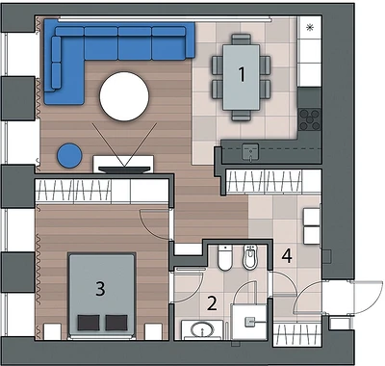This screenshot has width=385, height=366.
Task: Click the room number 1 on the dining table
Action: pyautogui.click(x=242, y=73)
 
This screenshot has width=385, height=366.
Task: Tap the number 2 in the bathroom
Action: pyautogui.click(x=212, y=303)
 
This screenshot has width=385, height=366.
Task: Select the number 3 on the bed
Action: pyautogui.click(x=100, y=288)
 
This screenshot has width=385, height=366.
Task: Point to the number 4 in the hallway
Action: pyautogui.click(x=287, y=256)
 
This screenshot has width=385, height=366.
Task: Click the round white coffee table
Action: pyautogui.click(x=124, y=96)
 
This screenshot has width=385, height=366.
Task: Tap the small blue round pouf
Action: pyautogui.click(x=69, y=155)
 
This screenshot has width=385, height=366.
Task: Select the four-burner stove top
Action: pyautogui.click(x=309, y=119)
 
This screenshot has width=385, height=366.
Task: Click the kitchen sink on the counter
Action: pyautogui.click(x=250, y=151)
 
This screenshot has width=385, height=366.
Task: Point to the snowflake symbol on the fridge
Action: pyautogui.click(x=310, y=28)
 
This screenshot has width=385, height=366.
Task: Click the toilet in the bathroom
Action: pyautogui.click(x=225, y=257)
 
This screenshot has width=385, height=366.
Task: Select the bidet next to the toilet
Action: pyautogui.click(x=250, y=257)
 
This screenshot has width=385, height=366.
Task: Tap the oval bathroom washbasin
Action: pyautogui.click(x=202, y=329)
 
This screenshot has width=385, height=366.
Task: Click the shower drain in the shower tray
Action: pyautogui.click(x=249, y=322)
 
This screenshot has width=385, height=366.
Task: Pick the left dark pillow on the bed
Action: pyautogui.click(x=89, y=323)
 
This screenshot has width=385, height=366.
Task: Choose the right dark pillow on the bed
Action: pyautogui.click(x=116, y=323)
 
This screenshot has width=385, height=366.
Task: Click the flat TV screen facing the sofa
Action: pyautogui.click(x=124, y=170)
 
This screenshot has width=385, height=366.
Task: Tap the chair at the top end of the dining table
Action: pyautogui.click(x=242, y=39)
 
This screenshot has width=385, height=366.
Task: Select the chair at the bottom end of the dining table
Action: pyautogui.click(x=242, y=116)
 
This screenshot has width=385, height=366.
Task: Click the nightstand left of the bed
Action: pyautogui.click(x=52, y=331)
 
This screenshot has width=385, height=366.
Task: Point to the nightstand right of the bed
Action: pyautogui.click(x=153, y=331)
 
